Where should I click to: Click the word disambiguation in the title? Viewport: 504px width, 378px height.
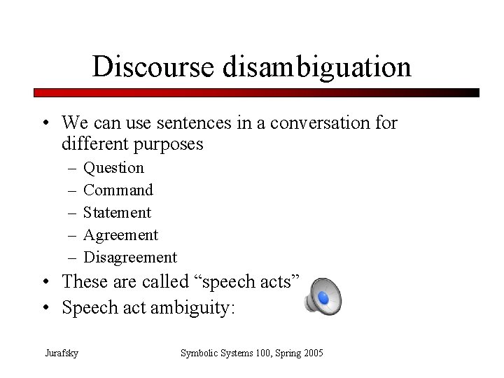pyautogui.click(x=316, y=67)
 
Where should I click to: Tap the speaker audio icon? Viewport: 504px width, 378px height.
pyautogui.click(x=323, y=297)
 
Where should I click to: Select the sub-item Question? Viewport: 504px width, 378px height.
pyautogui.click(x=114, y=168)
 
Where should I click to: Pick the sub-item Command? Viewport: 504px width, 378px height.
pyautogui.click(x=118, y=190)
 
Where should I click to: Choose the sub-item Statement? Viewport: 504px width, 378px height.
pyautogui.click(x=117, y=212)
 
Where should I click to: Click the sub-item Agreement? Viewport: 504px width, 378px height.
pyautogui.click(x=120, y=234)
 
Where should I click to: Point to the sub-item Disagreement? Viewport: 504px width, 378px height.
pyautogui.click(x=129, y=257)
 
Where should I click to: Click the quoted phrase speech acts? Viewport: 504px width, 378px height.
pyautogui.click(x=244, y=281)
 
